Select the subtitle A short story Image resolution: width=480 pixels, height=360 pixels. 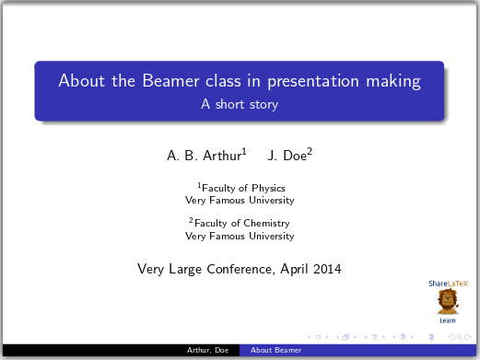[x=240, y=105]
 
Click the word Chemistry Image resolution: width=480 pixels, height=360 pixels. [x=266, y=223]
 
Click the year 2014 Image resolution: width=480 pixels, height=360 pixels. [x=326, y=270]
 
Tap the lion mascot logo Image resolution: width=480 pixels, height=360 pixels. [x=448, y=301]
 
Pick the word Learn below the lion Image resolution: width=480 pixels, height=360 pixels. [x=448, y=320]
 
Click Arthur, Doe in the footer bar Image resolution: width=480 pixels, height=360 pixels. [x=208, y=351]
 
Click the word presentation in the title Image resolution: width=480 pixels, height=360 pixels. [x=315, y=81]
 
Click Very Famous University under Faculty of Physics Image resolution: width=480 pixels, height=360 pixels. [x=240, y=200]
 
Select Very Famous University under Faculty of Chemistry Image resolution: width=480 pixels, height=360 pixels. [x=240, y=236]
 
